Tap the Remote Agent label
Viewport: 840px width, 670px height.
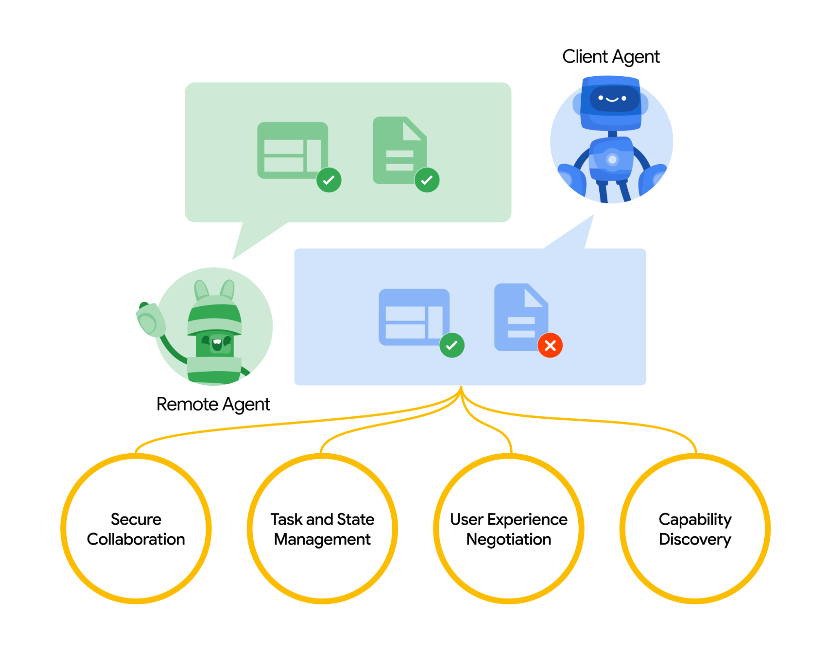click(213, 404)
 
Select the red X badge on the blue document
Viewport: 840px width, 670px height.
click(550, 346)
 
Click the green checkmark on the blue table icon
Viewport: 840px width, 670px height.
click(452, 346)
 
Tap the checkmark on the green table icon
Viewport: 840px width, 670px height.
click(329, 180)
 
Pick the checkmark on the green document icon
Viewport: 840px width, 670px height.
click(427, 180)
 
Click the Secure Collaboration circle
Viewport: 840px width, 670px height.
click(136, 529)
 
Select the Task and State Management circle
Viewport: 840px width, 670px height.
click(322, 529)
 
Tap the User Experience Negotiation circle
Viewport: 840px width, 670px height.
click(508, 529)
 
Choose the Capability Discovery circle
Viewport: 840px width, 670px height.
click(695, 529)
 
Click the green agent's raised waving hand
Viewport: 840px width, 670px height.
click(150, 320)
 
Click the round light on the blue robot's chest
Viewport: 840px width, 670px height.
click(612, 160)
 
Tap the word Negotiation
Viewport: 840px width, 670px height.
click(508, 540)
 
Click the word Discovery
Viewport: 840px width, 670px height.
click(695, 540)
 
